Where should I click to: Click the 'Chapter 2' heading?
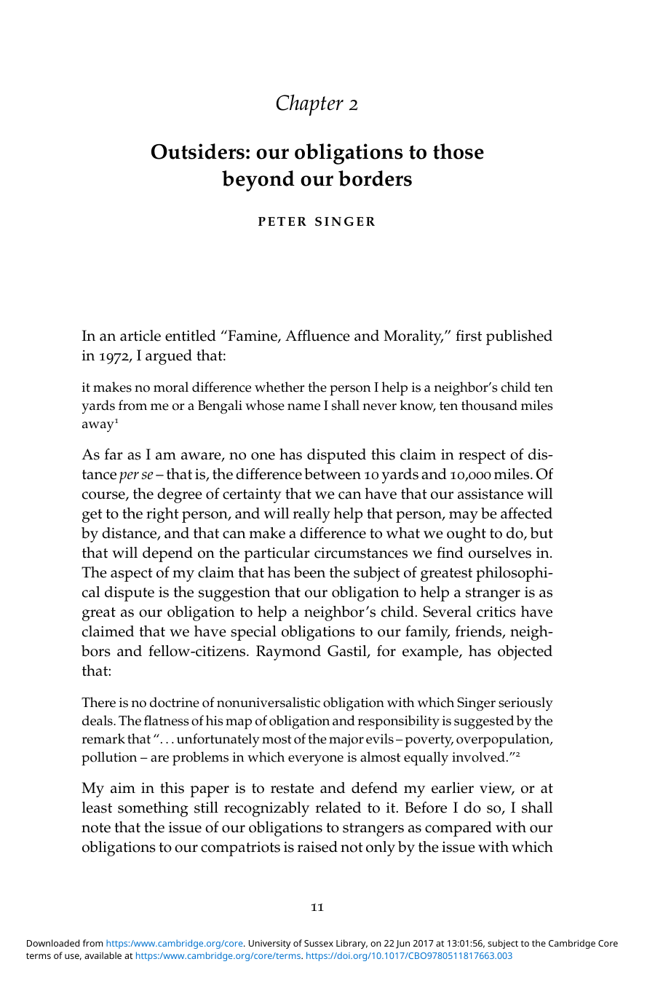coord(317,103)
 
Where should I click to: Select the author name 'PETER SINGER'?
coord(317,221)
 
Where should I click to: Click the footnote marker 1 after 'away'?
coord(116,421)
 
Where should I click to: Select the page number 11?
coord(317,907)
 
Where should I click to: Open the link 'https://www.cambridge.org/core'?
coord(175,944)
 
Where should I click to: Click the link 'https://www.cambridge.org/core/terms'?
coord(218,956)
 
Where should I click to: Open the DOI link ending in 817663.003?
coord(408,956)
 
